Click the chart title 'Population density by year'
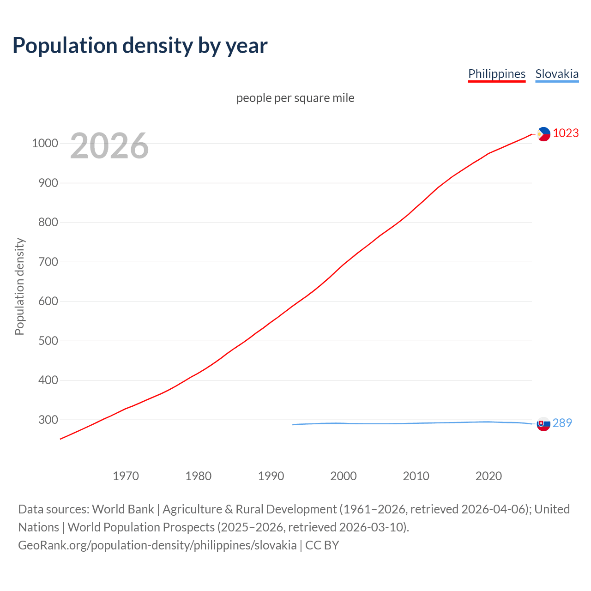coord(140,45)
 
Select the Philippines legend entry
coord(496,74)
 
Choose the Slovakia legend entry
coord(556,74)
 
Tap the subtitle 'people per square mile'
coord(295,98)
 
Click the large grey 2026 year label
coord(109,146)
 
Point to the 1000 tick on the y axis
coord(45,143)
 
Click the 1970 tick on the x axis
coord(126,476)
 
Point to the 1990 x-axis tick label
coord(271,476)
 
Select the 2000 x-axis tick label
coord(344,476)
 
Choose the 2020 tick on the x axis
coord(488,476)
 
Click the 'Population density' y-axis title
coord(19,286)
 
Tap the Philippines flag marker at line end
coord(543,134)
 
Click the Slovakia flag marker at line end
coord(543,423)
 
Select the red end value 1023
coord(566,133)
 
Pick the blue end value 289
coord(562,423)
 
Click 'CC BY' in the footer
coord(322,545)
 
